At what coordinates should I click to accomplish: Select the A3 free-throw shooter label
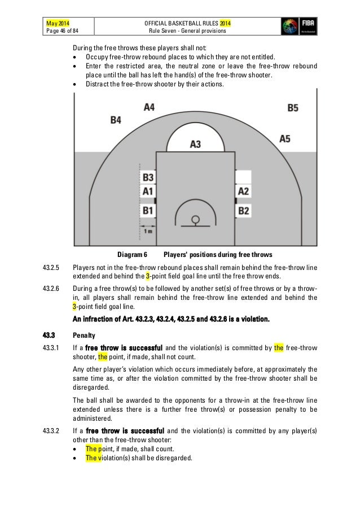[x=195, y=144]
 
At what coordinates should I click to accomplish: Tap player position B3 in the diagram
[x=148, y=177]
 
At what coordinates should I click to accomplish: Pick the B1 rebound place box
[x=148, y=211]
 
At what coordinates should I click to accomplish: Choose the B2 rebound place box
[x=243, y=211]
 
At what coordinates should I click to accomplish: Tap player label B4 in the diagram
[x=116, y=120]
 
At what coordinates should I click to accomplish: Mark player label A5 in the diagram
[x=284, y=138]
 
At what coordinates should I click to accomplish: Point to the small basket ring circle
[x=196, y=219]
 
